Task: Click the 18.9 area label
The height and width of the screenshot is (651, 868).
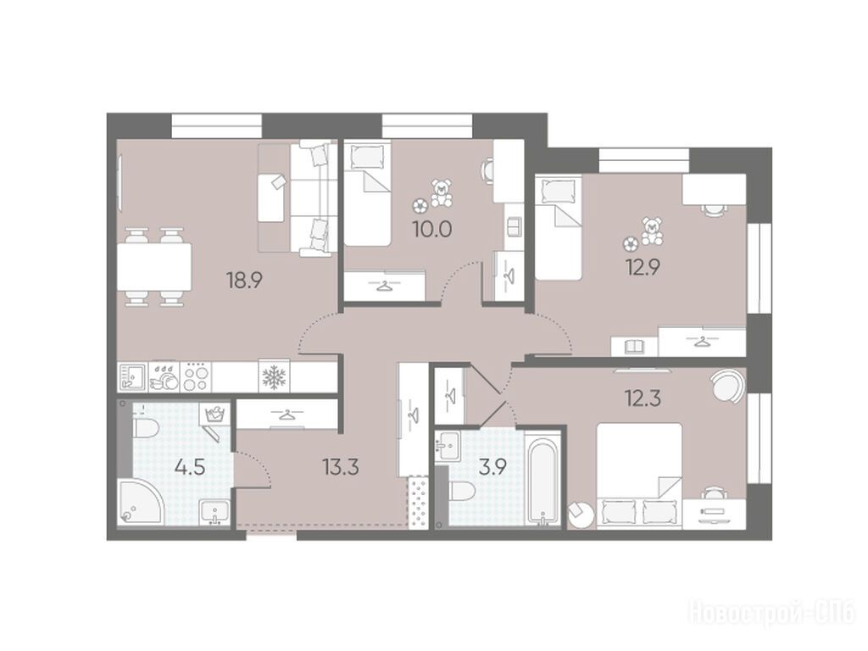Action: click(243, 281)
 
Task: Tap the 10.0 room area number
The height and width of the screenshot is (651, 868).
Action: click(432, 228)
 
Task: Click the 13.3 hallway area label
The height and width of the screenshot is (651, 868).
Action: click(341, 467)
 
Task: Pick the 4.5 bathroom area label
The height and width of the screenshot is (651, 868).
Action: click(190, 467)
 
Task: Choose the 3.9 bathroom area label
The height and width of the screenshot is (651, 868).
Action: click(492, 468)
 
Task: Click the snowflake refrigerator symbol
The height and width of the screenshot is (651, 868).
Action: click(272, 377)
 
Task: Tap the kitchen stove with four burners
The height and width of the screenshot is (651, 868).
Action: click(197, 377)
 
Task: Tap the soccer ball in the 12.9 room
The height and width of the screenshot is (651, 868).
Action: click(629, 243)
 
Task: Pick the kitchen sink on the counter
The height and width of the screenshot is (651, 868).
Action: click(131, 377)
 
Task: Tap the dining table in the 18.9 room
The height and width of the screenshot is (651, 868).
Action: click(154, 267)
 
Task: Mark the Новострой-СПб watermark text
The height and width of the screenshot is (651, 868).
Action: click(773, 612)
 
